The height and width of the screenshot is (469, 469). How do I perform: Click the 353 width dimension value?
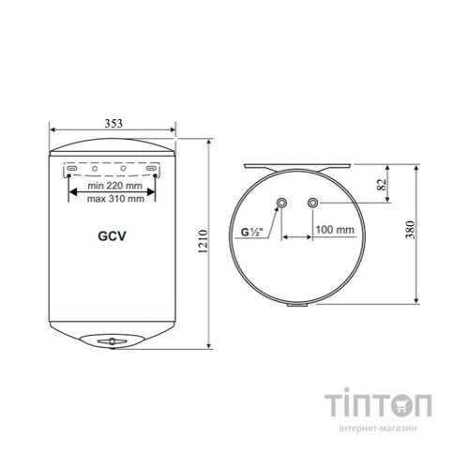113,124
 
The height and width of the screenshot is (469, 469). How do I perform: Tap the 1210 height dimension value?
204,241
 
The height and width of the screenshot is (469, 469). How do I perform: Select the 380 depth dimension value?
410,230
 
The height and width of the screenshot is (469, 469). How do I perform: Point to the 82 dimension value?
382,185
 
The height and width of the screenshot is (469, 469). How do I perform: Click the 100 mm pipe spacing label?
335,230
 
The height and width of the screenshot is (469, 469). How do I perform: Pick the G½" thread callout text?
251,232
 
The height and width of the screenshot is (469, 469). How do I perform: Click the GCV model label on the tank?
112,236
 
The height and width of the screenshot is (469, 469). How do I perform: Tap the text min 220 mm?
114,186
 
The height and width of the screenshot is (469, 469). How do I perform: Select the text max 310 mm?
115,199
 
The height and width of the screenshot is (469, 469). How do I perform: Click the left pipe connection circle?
281,203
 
